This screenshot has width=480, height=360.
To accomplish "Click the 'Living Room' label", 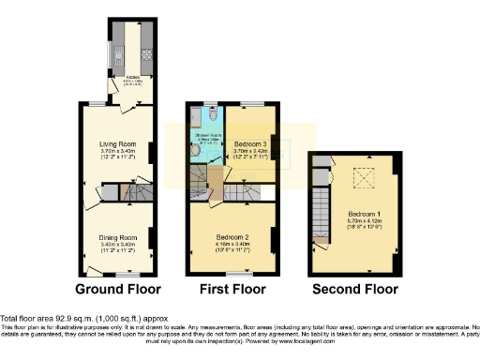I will pos(119,143).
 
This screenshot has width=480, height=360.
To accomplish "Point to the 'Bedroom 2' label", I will pos(232,238).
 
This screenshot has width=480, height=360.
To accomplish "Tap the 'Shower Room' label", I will pos(204,137).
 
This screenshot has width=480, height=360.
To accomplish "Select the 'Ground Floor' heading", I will pos(118,289).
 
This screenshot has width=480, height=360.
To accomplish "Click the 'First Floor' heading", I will pos(232,289).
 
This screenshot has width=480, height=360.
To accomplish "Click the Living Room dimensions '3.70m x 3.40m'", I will pos(119,151).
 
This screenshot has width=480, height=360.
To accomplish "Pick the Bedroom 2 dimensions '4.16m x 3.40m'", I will pos(232,246).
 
